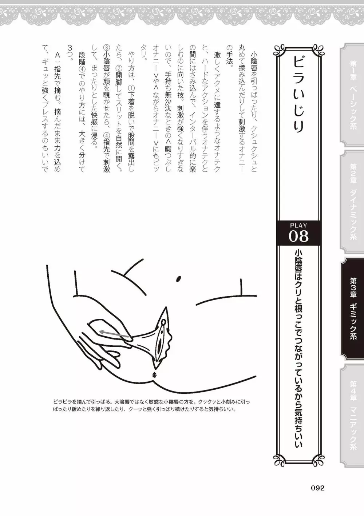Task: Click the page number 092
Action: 317,488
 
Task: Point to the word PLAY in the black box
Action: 298,225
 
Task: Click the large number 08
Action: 298,236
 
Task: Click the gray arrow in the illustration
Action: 114,335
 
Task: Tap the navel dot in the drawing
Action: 178,279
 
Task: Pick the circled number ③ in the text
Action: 107,48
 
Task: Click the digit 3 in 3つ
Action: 70,48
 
